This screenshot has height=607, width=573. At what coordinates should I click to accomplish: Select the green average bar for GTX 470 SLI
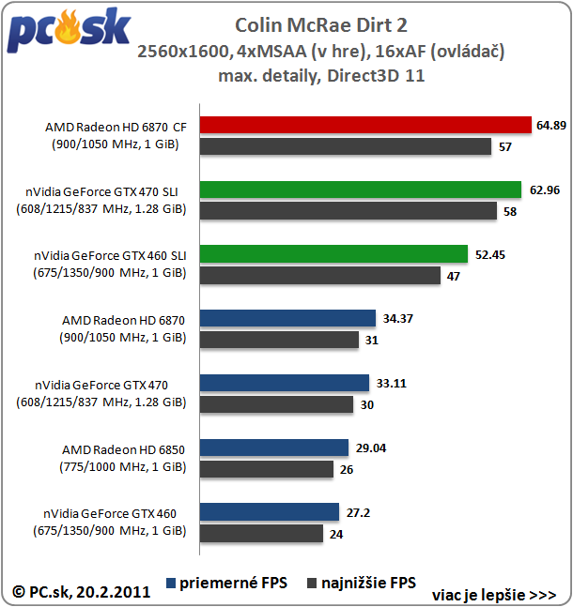[x=361, y=190]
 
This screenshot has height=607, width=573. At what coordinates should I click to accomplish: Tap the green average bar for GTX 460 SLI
[x=333, y=254]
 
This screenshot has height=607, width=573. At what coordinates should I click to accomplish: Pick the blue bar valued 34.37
[x=287, y=319]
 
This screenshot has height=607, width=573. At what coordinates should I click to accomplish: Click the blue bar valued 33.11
[x=285, y=383]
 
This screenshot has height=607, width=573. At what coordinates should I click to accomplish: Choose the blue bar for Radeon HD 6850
[x=274, y=448]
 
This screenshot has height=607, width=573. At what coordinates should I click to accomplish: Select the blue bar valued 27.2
[x=270, y=511]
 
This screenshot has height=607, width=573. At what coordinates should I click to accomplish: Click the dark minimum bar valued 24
[x=262, y=533]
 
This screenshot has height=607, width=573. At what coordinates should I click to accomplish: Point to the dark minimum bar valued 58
[x=348, y=211]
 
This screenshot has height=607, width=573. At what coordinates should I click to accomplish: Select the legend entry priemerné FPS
[x=229, y=583]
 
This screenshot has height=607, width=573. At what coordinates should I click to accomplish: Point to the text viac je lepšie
[x=494, y=595]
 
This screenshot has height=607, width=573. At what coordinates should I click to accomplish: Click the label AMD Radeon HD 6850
[x=123, y=448]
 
